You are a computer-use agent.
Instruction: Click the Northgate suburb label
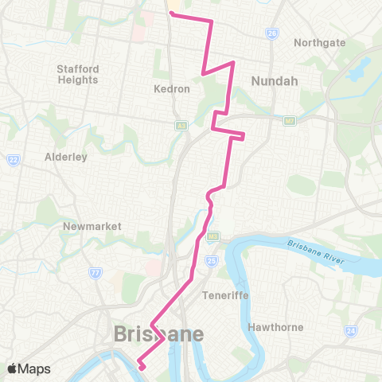click(x=320, y=42)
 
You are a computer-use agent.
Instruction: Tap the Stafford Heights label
click(x=77, y=74)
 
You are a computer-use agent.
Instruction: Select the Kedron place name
click(x=171, y=89)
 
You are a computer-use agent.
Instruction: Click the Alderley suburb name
click(x=65, y=157)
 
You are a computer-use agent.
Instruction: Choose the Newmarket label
click(x=92, y=226)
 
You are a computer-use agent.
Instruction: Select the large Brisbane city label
click(x=158, y=333)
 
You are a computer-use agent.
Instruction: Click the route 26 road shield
click(x=273, y=33)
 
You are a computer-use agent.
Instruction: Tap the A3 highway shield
click(x=181, y=125)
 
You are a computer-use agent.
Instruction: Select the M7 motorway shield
click(x=288, y=120)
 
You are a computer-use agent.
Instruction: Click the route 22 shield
click(x=13, y=160)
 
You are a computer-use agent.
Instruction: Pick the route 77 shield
click(x=95, y=272)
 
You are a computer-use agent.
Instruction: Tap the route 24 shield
click(x=350, y=329)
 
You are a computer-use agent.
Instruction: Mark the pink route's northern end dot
click(x=171, y=13)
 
